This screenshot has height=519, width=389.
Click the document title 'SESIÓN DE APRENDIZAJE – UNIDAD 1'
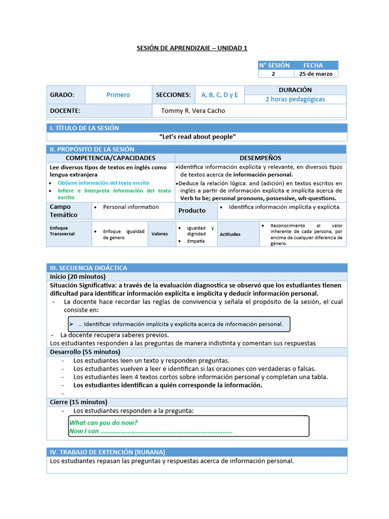click(x=192, y=48)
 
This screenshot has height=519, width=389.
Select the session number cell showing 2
click(x=274, y=73)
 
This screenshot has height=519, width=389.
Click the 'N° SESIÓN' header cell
click(x=274, y=65)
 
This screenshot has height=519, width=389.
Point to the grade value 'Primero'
click(x=118, y=95)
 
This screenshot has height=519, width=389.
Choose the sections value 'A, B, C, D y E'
click(x=219, y=95)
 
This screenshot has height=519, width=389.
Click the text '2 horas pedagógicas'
click(x=295, y=99)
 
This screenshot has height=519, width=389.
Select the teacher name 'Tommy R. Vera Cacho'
click(x=193, y=110)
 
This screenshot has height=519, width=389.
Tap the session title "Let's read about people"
click(x=198, y=137)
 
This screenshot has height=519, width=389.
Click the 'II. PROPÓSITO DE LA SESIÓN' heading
click(x=92, y=149)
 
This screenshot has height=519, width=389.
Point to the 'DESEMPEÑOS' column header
click(x=260, y=158)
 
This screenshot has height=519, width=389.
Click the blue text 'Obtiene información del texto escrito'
click(x=103, y=182)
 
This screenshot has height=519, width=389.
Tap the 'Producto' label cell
click(x=192, y=210)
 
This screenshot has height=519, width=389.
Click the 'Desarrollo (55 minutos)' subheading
click(x=85, y=352)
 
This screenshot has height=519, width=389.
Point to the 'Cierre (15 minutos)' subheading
click(x=78, y=402)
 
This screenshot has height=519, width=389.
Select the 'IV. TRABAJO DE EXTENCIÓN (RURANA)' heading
click(x=107, y=452)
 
